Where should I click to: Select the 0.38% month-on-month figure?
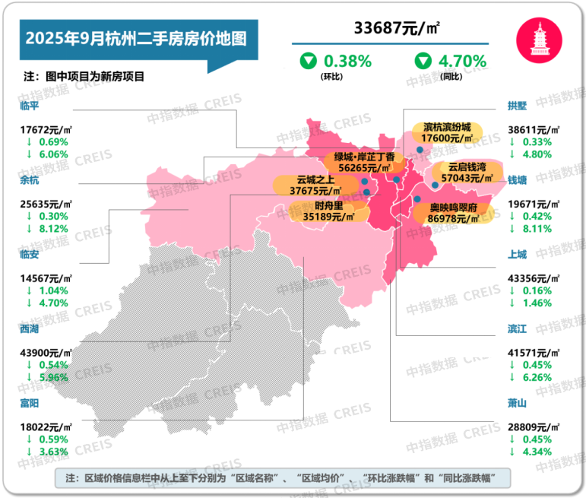(x=347, y=61)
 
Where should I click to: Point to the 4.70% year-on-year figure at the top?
(x=461, y=61)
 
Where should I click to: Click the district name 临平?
(x=32, y=106)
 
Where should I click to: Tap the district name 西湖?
(x=32, y=328)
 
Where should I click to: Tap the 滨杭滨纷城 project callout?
(x=447, y=133)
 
